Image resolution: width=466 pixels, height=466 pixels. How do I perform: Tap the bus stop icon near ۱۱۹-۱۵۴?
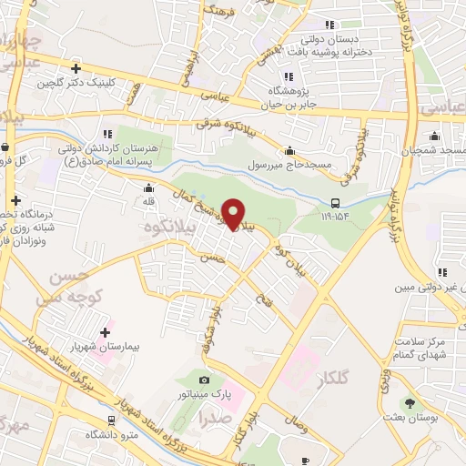point(336,203)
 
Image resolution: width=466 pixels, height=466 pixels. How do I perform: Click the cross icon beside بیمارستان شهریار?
point(105,332)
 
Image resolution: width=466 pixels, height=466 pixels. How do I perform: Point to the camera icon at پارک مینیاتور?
point(204,380)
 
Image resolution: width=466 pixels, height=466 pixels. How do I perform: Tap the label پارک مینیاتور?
point(203,396)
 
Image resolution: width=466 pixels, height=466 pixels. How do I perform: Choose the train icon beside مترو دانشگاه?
point(111,420)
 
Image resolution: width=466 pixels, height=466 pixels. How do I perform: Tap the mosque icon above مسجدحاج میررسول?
point(289,151)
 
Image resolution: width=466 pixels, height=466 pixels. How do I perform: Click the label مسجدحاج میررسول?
point(286,167)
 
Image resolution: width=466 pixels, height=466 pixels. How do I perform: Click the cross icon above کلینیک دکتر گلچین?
point(76,68)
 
